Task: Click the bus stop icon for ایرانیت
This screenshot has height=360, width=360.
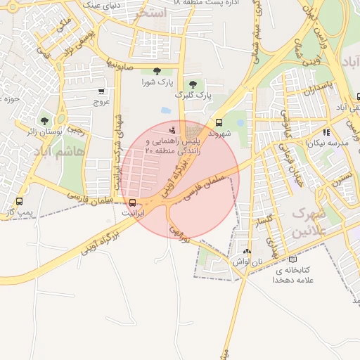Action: tap(134, 202)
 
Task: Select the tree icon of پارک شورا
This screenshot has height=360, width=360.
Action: tap(156, 71)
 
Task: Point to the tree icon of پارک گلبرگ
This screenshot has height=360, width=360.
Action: tap(193, 84)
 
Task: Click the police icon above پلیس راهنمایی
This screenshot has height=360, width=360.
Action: tap(173, 129)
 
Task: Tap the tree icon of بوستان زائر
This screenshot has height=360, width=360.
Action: tap(45, 121)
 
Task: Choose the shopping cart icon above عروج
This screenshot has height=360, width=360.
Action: tap(101, 91)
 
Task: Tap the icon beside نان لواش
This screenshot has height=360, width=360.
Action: tap(246, 251)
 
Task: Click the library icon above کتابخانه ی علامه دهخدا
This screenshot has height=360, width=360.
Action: tap(293, 259)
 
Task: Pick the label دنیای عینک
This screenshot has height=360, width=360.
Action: tap(104, 5)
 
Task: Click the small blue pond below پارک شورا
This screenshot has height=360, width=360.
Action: tap(165, 110)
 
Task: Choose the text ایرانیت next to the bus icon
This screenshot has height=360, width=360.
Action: tap(134, 212)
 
